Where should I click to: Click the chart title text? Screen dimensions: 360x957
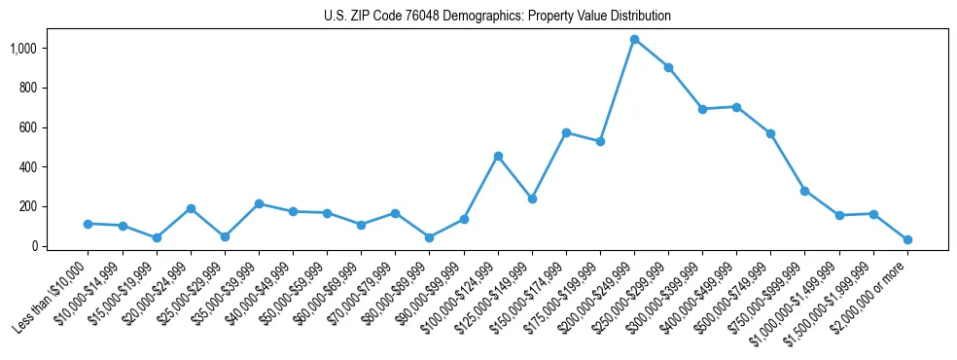tap(497, 17)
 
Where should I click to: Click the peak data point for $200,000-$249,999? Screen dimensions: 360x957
tap(634, 40)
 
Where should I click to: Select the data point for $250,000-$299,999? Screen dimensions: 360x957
tap(668, 67)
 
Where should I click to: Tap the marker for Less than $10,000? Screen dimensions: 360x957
tap(89, 224)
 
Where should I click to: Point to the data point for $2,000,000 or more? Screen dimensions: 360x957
tap(907, 239)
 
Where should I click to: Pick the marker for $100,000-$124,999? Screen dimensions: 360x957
tap(498, 156)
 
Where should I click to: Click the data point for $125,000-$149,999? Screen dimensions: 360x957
tap(532, 198)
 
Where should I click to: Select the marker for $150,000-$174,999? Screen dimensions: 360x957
tap(566, 132)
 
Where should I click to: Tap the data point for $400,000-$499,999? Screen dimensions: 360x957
tap(736, 107)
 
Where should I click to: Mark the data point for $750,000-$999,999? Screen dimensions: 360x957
tap(804, 191)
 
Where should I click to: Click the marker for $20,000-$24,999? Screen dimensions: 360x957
tap(191, 208)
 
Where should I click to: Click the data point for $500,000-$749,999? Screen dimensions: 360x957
tap(770, 133)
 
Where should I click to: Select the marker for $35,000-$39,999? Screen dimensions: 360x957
tap(259, 203)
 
